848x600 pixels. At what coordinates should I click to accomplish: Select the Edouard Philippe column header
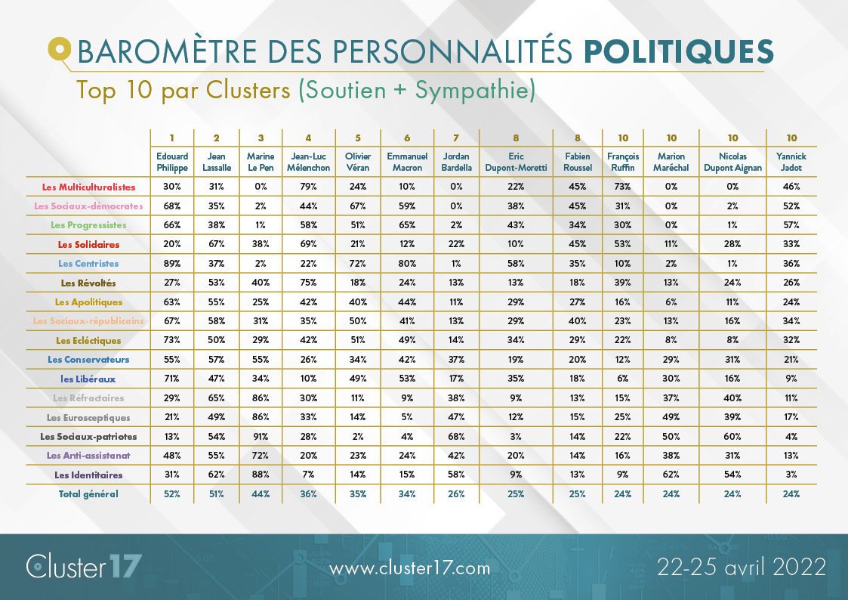(172, 162)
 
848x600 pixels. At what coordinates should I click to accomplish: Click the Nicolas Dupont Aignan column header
(732, 162)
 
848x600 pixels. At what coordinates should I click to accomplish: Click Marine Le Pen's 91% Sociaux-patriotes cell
(261, 436)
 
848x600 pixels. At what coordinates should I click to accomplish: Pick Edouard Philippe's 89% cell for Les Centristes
(172, 264)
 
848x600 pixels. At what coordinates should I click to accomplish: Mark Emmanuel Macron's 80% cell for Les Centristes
(407, 264)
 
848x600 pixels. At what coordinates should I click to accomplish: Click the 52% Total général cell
(172, 493)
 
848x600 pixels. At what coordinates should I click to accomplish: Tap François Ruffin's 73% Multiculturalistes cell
(622, 187)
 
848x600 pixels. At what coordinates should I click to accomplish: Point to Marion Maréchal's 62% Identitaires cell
(671, 475)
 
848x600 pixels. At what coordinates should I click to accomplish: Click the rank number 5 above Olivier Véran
(359, 138)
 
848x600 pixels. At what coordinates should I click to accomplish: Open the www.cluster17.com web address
(410, 568)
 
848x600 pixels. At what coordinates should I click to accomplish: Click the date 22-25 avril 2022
(741, 566)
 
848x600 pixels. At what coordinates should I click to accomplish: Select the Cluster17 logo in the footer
(83, 567)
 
